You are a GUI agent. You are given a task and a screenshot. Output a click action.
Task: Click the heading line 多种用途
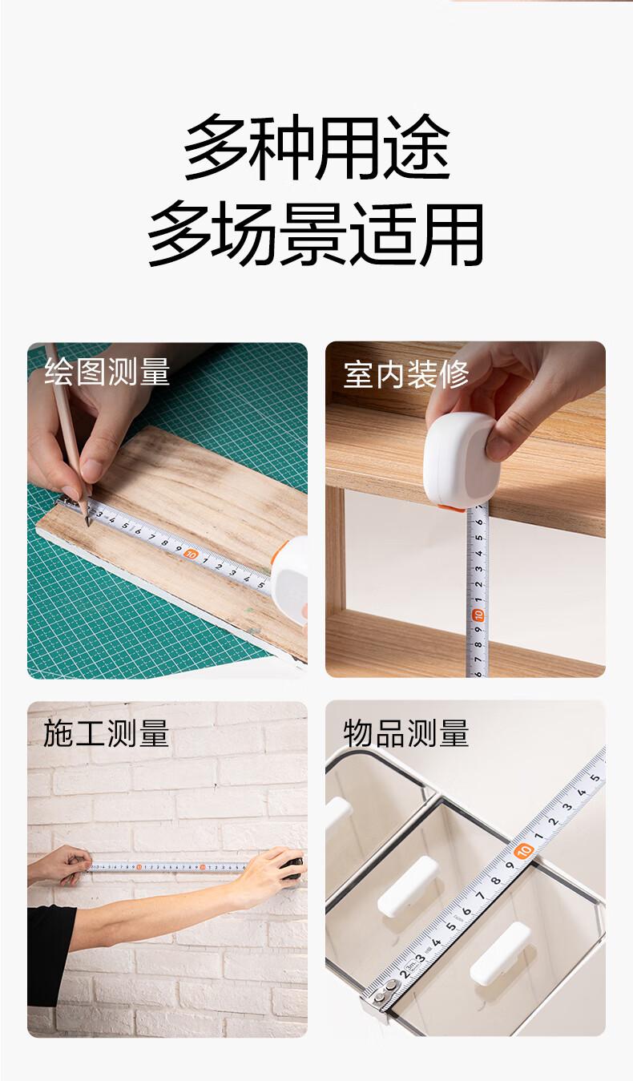click(x=316, y=147)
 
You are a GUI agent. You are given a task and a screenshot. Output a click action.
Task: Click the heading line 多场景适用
click(x=316, y=234)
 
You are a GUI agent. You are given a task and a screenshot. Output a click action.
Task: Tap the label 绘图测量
click(x=107, y=372)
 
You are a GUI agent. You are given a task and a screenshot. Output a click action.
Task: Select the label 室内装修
click(x=405, y=374)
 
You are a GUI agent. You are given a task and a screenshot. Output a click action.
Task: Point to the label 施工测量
click(x=106, y=733)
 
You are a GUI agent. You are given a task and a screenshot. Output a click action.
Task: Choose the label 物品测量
click(x=405, y=733)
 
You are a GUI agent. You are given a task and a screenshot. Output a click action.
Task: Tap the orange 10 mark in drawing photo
click(x=192, y=554)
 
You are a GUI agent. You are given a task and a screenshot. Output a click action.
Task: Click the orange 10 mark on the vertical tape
click(x=478, y=615)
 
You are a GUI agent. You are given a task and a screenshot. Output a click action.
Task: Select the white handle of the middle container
click(x=408, y=886)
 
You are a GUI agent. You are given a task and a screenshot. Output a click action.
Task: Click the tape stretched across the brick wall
click(x=169, y=868)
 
